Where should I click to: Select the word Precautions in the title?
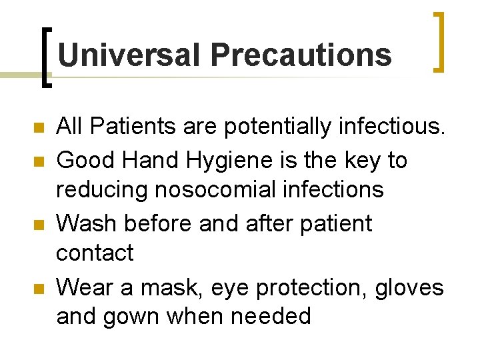click(x=301, y=55)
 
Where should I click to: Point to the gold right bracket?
click(x=439, y=41)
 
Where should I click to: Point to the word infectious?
click(x=387, y=125)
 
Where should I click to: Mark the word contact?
click(x=95, y=253)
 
